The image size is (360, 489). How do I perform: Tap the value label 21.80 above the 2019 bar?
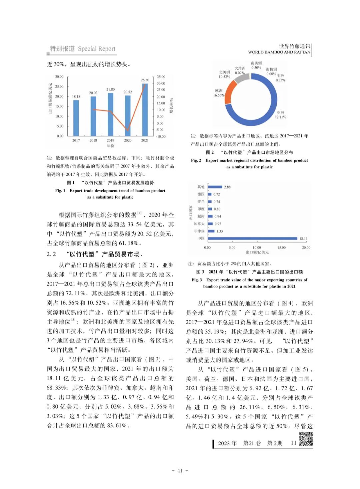(110, 89)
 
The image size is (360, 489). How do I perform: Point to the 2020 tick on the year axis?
(128, 140)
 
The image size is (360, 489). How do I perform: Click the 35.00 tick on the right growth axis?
(161, 77)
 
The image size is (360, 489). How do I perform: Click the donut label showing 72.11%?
(280, 115)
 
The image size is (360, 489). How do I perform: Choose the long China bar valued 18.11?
(252, 238)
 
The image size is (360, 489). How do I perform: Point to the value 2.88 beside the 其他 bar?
(227, 187)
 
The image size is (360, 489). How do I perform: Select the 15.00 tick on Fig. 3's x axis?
(281, 248)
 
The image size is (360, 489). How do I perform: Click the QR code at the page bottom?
(306, 439)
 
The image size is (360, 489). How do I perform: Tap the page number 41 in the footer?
(180, 471)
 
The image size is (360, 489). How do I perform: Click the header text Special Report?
(97, 49)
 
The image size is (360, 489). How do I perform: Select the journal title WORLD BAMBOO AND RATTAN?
(279, 52)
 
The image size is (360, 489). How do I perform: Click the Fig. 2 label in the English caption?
(196, 160)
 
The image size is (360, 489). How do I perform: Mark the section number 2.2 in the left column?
(51, 254)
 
